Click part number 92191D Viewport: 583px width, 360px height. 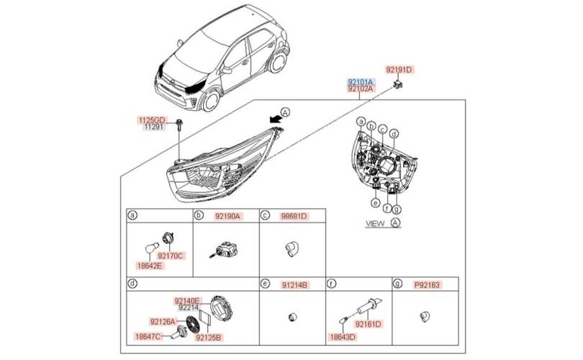[399, 70]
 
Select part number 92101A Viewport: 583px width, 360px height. [361, 82]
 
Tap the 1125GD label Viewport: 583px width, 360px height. [152, 120]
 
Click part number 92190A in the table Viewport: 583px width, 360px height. [227, 215]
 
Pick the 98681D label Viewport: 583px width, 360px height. [294, 215]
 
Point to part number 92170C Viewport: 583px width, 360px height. [171, 255]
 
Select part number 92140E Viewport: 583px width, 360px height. [188, 300]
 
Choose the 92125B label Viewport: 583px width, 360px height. [209, 336]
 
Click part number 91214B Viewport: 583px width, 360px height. [294, 285]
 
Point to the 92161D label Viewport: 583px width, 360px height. [367, 324]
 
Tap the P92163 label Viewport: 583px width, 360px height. [426, 285]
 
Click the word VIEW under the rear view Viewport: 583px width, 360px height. [375, 225]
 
